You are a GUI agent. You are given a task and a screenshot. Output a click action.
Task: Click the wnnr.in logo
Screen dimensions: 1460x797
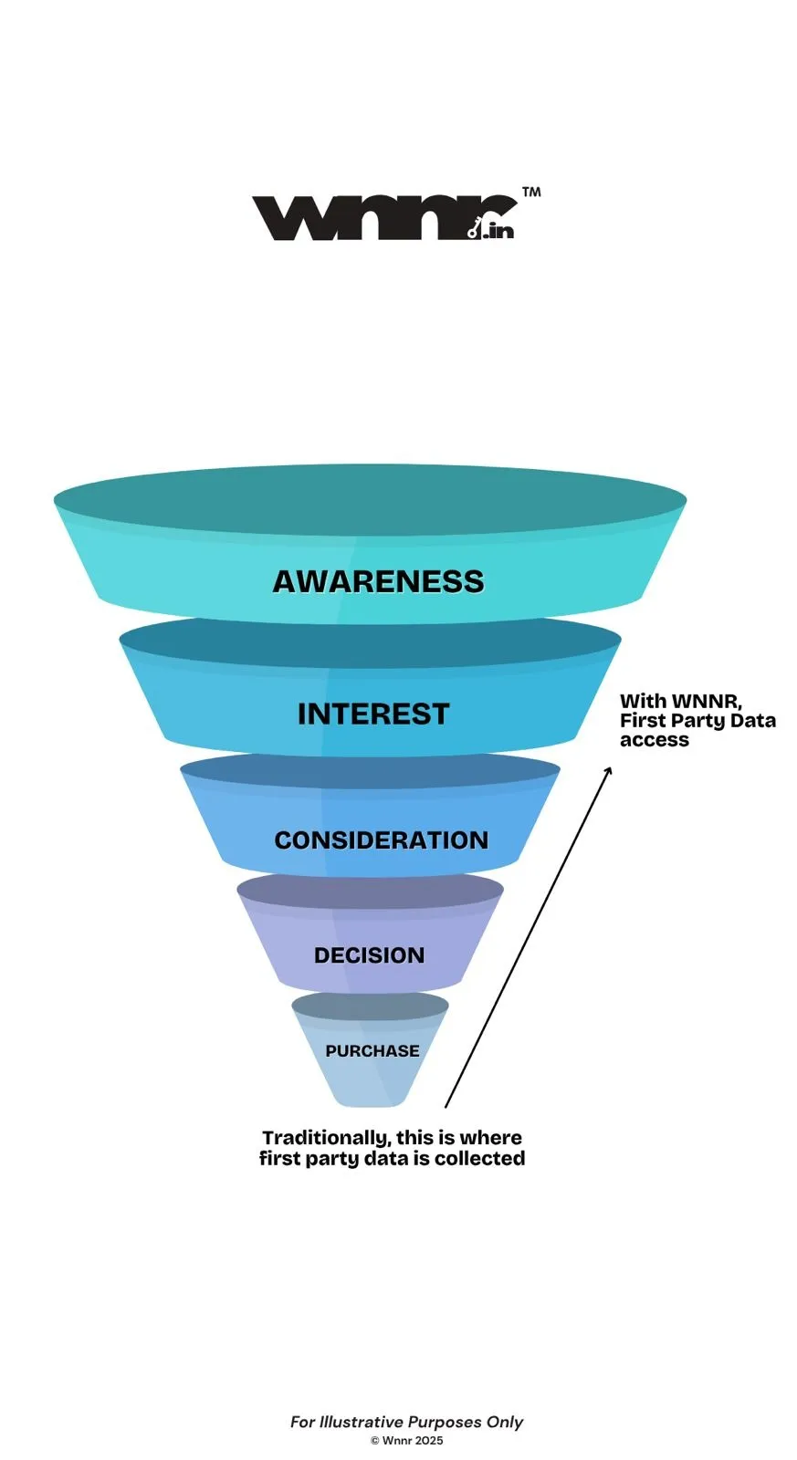(x=383, y=217)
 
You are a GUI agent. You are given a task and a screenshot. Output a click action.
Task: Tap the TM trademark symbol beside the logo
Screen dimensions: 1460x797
(x=530, y=193)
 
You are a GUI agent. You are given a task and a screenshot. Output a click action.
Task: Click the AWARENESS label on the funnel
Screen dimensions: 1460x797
(x=378, y=581)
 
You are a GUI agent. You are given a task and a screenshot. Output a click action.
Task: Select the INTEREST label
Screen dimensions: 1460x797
(x=373, y=714)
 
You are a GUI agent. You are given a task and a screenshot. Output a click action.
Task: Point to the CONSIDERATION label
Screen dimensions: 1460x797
(x=381, y=840)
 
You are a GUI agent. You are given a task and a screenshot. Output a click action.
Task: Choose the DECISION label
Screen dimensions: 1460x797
(x=369, y=955)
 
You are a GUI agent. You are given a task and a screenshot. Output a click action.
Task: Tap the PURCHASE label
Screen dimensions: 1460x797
(x=372, y=1051)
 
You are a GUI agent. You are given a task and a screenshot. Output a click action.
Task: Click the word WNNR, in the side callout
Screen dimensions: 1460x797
(x=707, y=702)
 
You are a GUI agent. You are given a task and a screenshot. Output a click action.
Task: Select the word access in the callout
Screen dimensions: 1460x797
(x=654, y=740)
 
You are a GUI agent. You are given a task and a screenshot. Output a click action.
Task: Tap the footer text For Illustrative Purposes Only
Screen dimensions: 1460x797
(x=406, y=1422)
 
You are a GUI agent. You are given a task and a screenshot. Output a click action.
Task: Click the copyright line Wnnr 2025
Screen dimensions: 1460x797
(x=407, y=1441)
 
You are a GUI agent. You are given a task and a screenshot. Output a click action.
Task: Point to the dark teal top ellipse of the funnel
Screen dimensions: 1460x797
(x=370, y=497)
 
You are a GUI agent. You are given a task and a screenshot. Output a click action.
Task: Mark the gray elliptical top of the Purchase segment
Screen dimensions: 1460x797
(x=370, y=1006)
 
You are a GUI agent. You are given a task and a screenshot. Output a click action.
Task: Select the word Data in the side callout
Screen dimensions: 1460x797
(x=753, y=721)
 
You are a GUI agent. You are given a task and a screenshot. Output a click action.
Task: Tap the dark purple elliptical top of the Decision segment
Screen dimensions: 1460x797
(x=370, y=890)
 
